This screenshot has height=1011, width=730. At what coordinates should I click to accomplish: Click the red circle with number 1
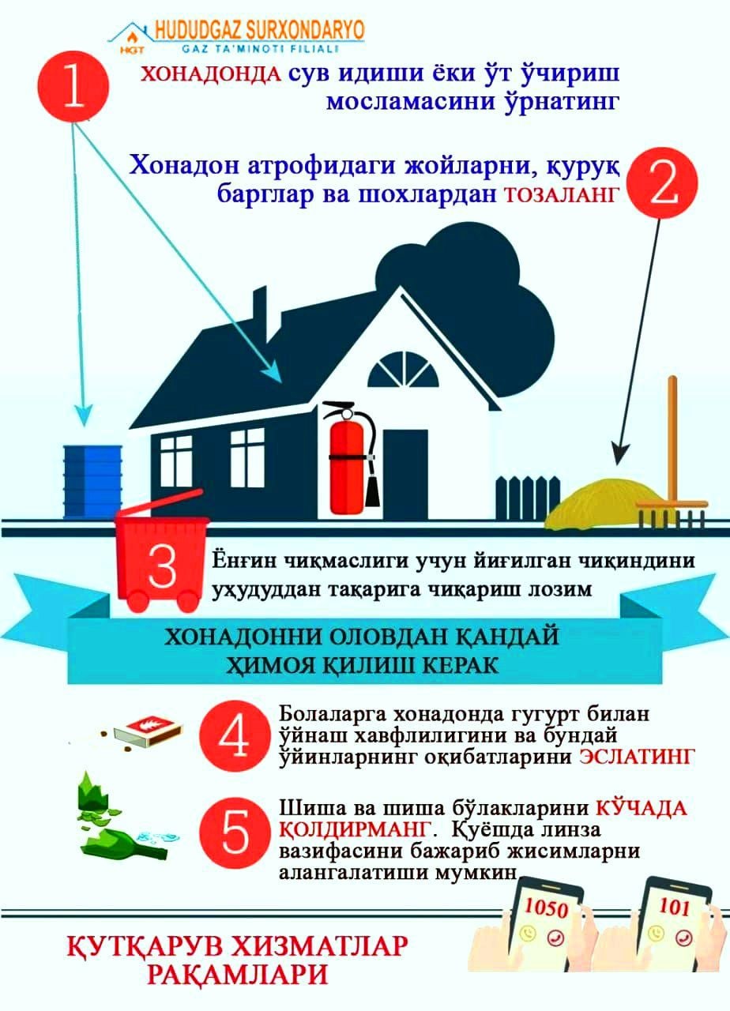point(73,86)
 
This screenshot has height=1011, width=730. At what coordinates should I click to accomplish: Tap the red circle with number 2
point(663,183)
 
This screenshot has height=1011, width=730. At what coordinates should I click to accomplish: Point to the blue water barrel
point(92,482)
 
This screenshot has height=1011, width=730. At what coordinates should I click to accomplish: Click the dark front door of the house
point(405,474)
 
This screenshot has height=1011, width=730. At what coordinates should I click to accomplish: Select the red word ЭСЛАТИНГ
point(636,757)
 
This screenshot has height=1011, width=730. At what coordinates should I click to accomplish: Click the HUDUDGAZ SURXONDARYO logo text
point(260,31)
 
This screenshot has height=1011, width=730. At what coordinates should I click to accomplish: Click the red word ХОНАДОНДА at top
point(211,73)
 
